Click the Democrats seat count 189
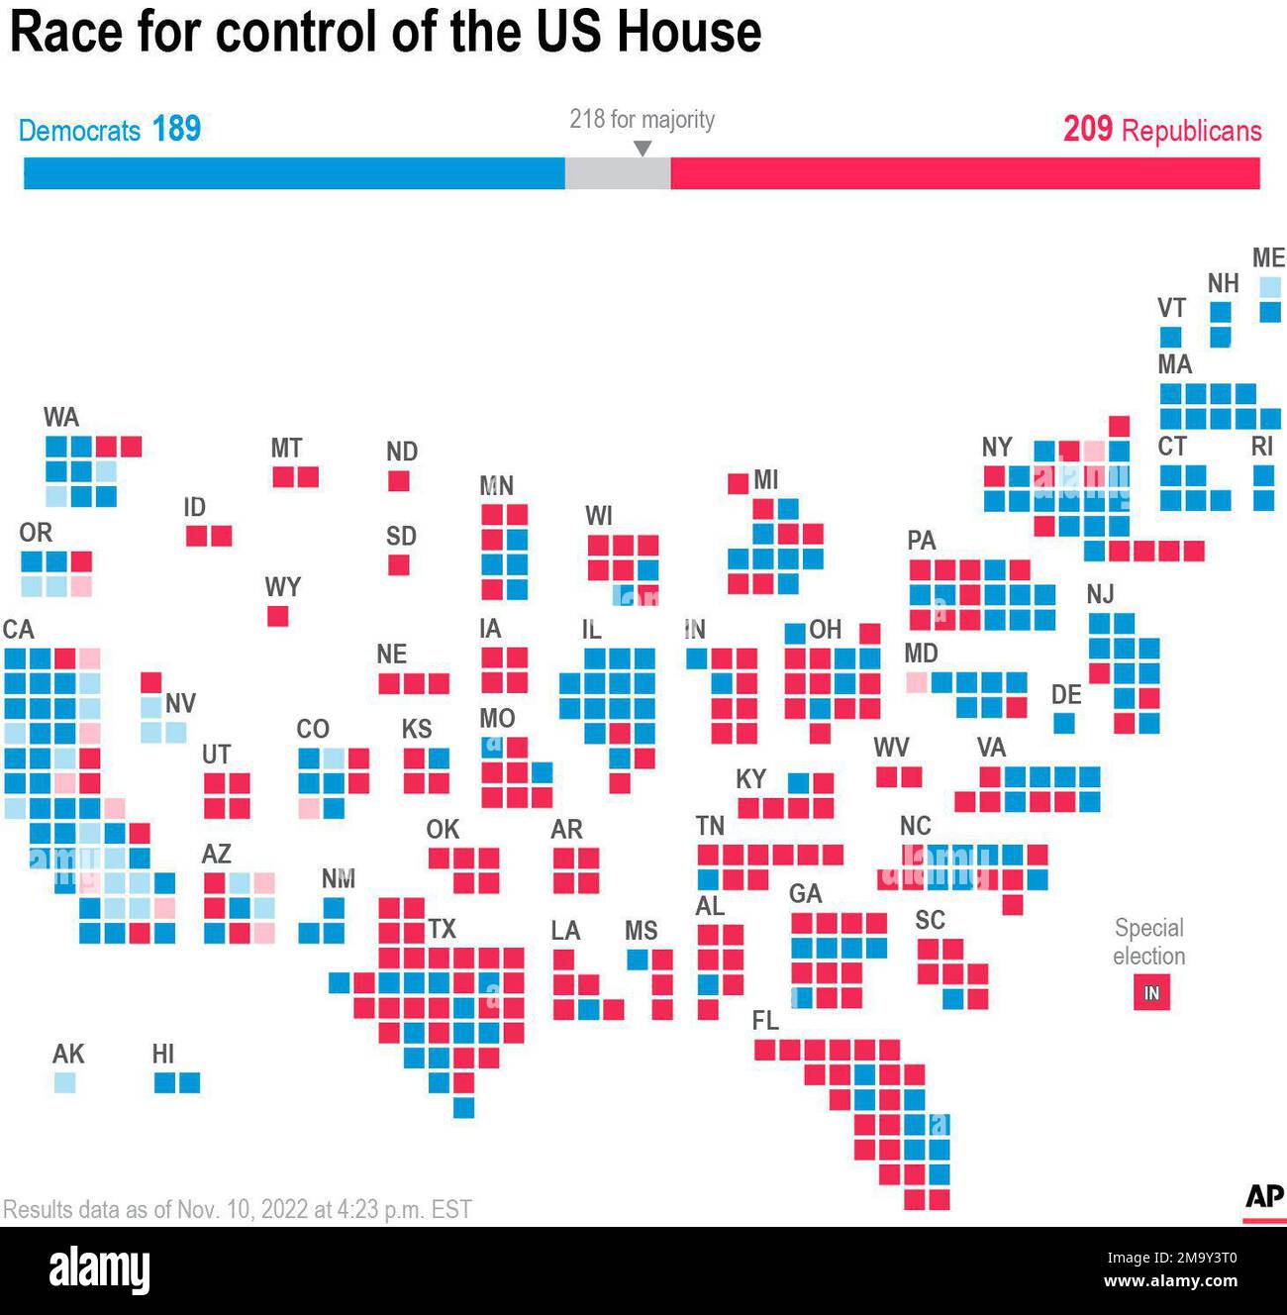click(176, 129)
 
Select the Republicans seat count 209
click(1087, 129)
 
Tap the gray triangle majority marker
click(643, 149)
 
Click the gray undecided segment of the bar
click(617, 173)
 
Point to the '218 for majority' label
click(642, 119)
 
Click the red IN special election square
click(1151, 992)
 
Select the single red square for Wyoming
click(278, 616)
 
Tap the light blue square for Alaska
click(64, 1082)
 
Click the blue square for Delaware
click(1064, 723)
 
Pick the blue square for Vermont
click(1170, 337)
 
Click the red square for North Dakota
click(399, 481)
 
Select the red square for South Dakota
click(399, 565)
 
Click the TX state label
click(442, 929)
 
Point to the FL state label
click(765, 1021)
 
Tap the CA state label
click(18, 630)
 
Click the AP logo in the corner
click(1263, 1196)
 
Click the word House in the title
click(689, 32)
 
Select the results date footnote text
click(238, 1209)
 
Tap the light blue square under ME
click(1270, 287)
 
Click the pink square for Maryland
click(917, 682)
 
